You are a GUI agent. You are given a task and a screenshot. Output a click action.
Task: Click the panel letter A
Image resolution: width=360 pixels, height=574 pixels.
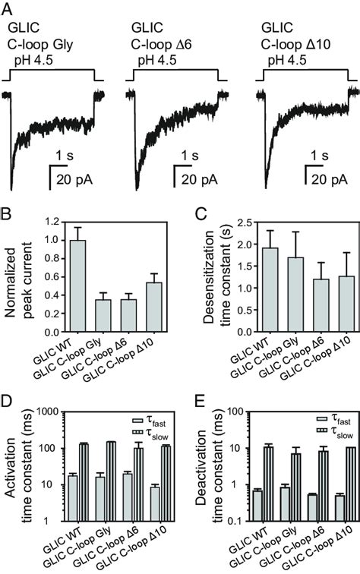click(6, 8)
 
